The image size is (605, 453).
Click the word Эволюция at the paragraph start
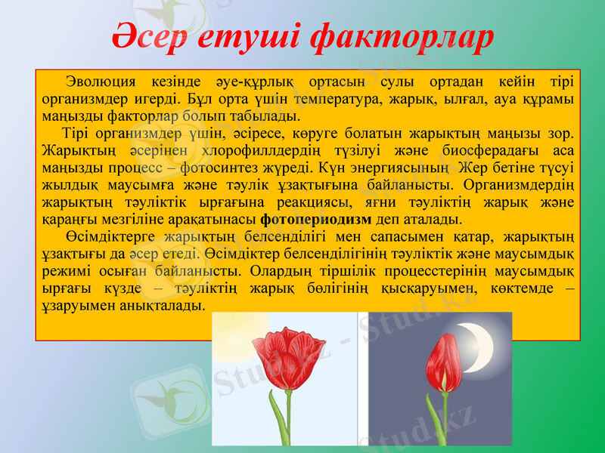[x=100, y=82]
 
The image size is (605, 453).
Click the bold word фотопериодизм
[x=315, y=220]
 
